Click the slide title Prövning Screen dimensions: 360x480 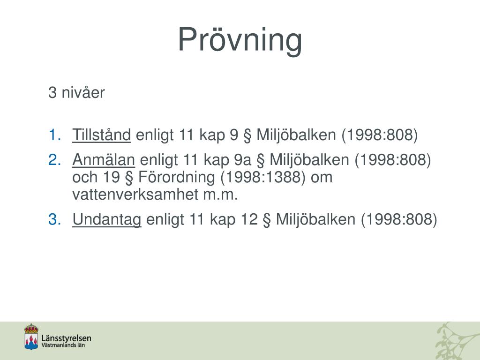click(240, 40)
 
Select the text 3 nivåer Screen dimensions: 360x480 click(76, 93)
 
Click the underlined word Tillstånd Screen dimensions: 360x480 click(101, 135)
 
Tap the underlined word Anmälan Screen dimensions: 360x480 click(104, 160)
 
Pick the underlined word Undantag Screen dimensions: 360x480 click(106, 219)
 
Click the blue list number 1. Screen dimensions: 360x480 click(54, 135)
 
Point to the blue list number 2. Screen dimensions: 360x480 click(54, 160)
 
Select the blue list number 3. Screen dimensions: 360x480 click(54, 219)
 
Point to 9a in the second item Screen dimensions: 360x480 click(244, 160)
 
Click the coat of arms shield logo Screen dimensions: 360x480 click(31, 337)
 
